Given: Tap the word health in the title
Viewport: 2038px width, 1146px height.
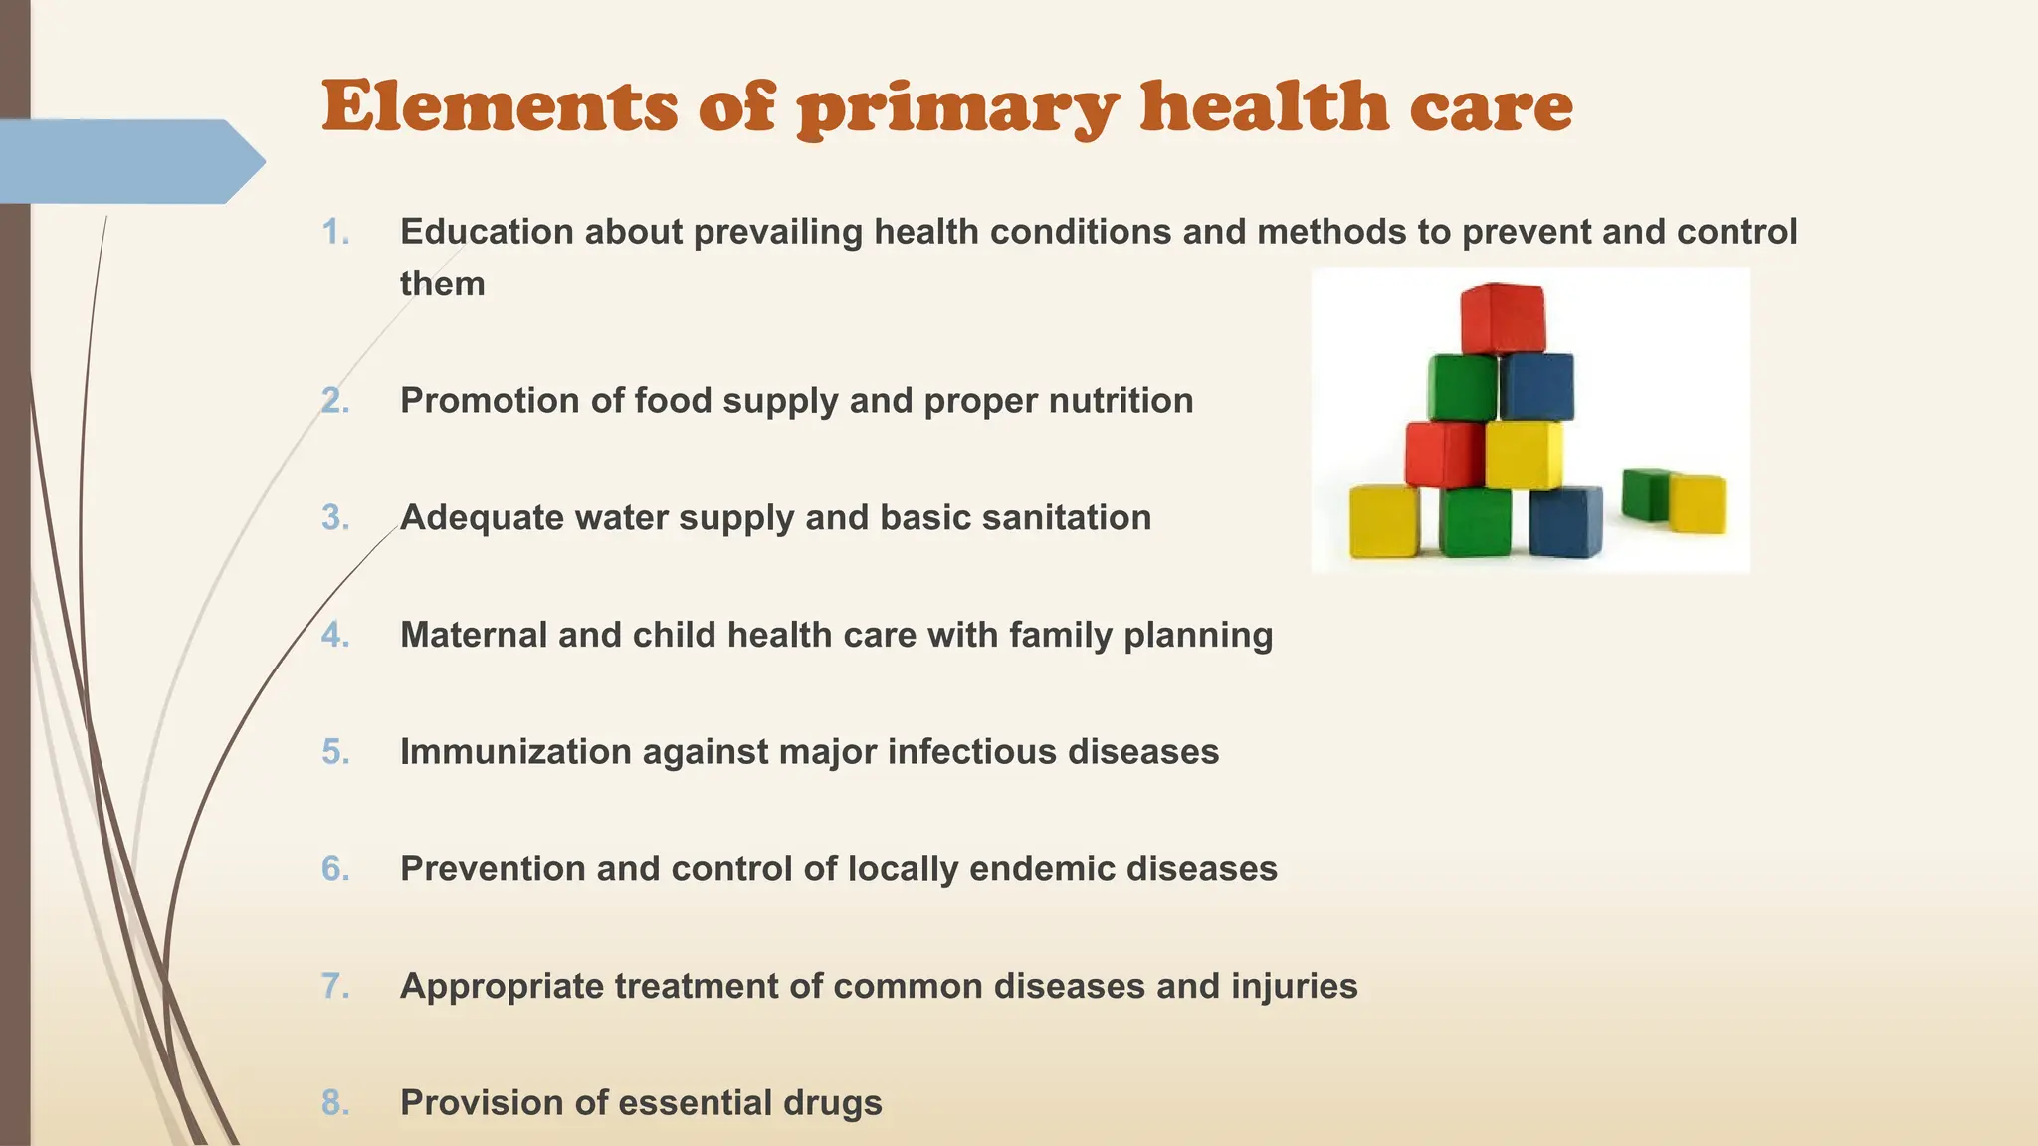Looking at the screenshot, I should click(1264, 106).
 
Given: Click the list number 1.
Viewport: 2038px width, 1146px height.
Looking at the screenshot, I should click(335, 232).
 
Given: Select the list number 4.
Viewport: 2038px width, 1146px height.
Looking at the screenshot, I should click(335, 635).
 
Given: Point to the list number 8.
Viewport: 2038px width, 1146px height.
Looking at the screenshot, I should click(335, 1102).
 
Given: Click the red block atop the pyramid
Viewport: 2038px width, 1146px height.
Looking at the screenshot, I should click(1503, 318).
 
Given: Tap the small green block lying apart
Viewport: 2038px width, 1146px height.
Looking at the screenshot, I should click(1645, 494).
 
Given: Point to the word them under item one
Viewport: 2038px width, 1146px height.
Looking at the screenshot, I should click(442, 284).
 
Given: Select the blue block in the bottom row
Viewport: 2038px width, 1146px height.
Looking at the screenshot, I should click(1565, 521).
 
